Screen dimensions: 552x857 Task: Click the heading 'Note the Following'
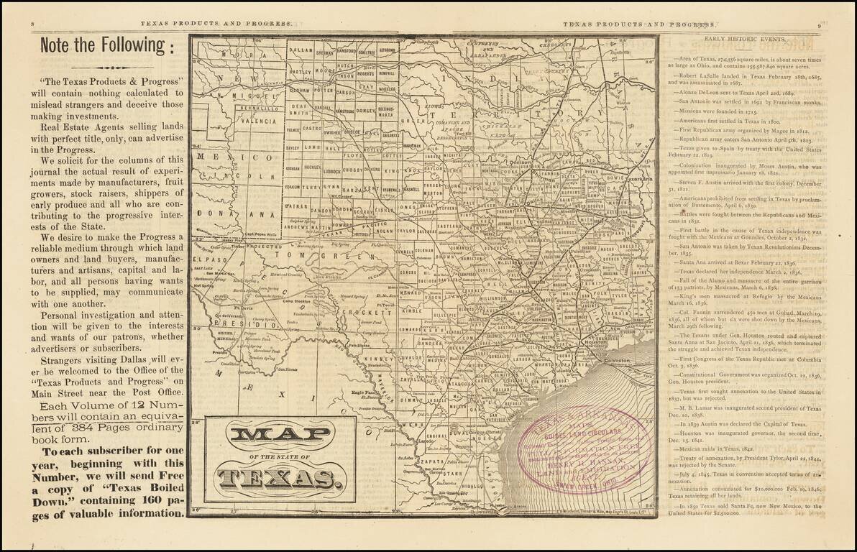(106, 45)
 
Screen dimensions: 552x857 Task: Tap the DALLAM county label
(300, 52)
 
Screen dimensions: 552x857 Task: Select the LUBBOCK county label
(331, 172)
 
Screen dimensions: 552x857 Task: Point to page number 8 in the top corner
(34, 24)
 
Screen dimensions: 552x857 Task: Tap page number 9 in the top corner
(819, 24)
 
